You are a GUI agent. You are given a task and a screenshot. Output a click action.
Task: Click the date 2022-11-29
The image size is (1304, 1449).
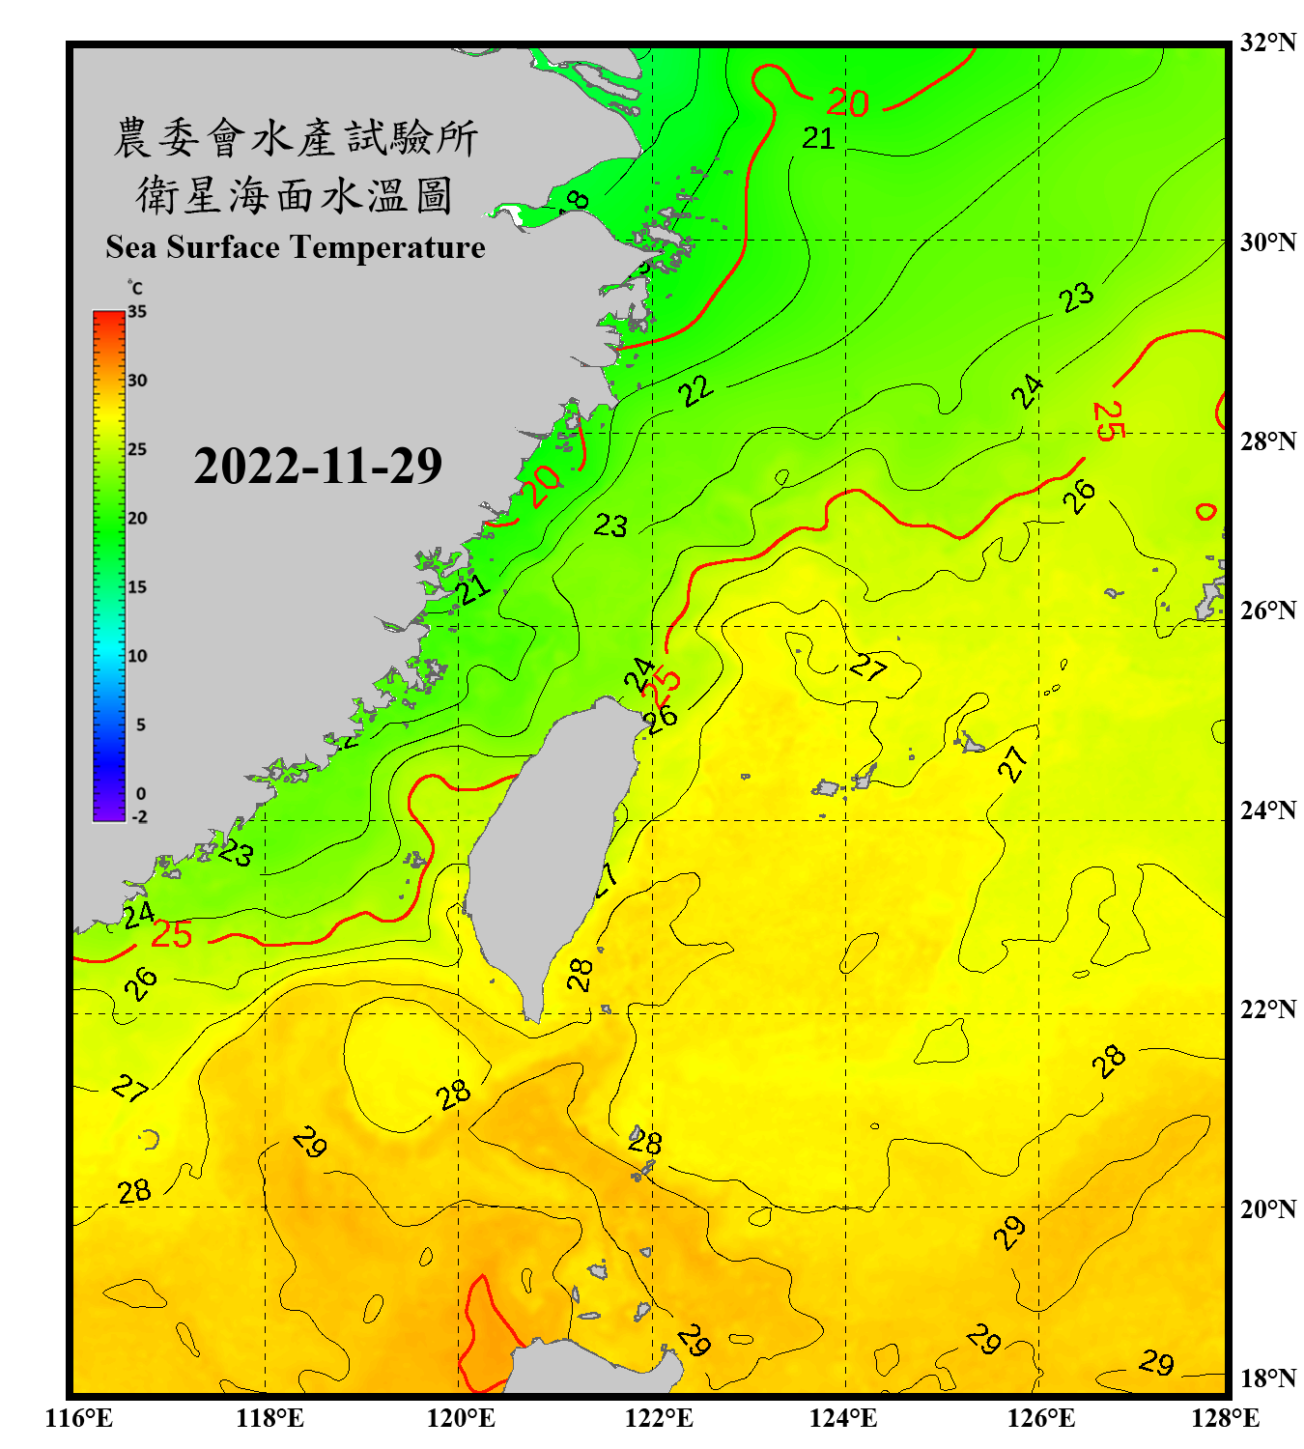[318, 466]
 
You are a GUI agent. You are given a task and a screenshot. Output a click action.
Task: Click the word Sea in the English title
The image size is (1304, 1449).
[132, 247]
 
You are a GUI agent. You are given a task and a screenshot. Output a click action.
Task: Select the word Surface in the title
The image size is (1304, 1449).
[223, 247]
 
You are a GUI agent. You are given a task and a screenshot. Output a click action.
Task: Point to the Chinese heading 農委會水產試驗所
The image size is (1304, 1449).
[296, 138]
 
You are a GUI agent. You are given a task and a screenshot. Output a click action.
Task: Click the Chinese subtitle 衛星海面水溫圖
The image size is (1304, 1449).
[295, 195]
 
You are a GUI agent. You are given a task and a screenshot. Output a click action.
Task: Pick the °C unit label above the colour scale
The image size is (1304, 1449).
[135, 288]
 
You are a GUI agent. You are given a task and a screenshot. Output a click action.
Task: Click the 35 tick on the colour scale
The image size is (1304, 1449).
[137, 311]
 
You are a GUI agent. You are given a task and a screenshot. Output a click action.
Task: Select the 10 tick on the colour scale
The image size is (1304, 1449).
[137, 656]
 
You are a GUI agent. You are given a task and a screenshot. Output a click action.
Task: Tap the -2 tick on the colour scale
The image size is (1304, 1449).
[139, 816]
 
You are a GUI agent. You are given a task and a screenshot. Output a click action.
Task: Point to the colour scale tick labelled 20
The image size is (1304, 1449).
[137, 518]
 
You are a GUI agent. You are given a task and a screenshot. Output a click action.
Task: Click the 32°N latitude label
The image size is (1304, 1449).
[1267, 43]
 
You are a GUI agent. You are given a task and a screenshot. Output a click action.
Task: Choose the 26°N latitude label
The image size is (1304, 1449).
[1267, 611]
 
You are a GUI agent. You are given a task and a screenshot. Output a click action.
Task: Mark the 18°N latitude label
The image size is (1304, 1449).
[1267, 1378]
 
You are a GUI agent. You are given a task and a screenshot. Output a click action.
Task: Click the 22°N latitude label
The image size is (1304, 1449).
[1267, 1009]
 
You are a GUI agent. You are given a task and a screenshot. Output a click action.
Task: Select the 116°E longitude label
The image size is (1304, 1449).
[79, 1418]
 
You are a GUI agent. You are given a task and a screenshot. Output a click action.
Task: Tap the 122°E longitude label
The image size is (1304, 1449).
[659, 1418]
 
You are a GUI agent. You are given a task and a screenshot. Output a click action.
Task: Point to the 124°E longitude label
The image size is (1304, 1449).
[843, 1418]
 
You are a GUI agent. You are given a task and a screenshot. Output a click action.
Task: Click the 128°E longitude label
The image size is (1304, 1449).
[1225, 1418]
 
